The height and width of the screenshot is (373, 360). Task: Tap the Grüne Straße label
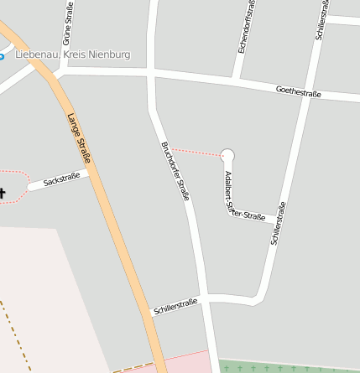pyautogui.click(x=67, y=25)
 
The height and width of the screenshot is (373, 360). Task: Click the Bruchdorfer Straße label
pyautogui.click(x=175, y=171)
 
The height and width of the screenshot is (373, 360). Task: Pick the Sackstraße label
pyautogui.click(x=61, y=179)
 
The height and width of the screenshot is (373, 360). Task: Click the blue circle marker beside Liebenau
pyautogui.click(x=2, y=56)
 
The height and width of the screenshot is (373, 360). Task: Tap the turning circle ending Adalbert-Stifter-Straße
pyautogui.click(x=227, y=154)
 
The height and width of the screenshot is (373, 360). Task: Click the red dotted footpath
pyautogui.click(x=197, y=152)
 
